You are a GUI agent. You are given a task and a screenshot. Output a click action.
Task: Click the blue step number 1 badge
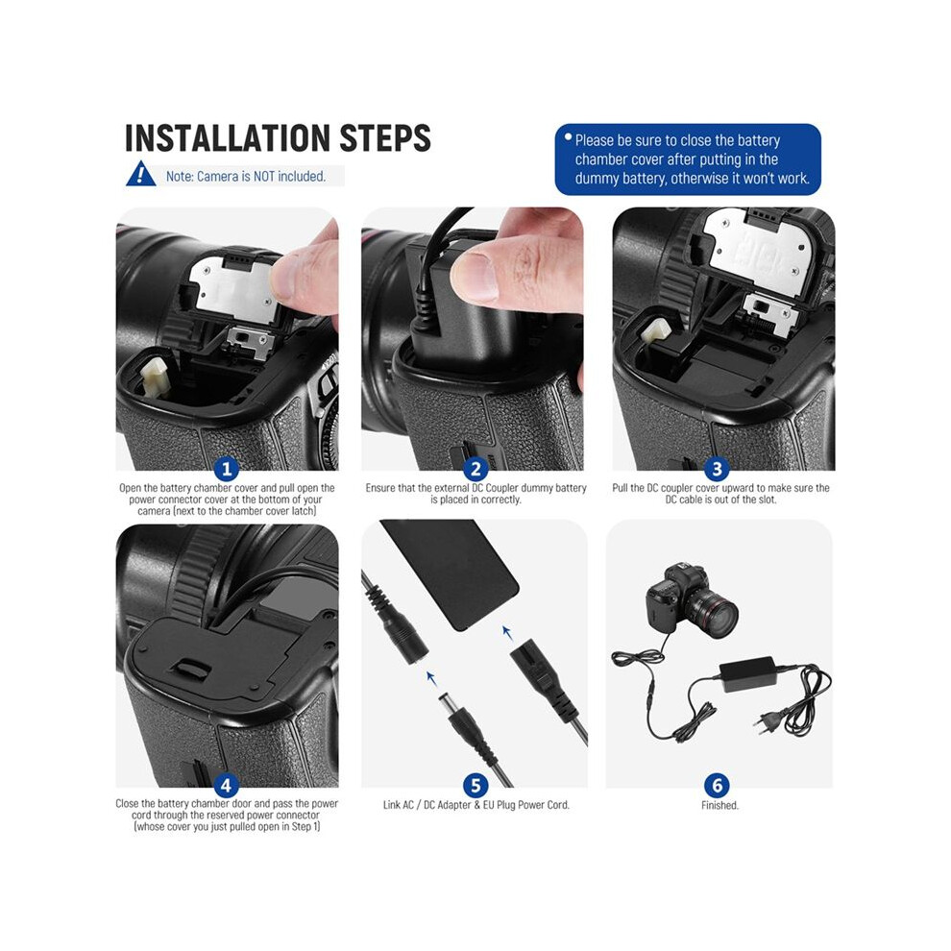(x=227, y=469)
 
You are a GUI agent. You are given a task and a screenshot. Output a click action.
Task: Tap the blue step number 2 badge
(x=475, y=469)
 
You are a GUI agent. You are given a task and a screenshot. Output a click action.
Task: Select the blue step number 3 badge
(x=717, y=469)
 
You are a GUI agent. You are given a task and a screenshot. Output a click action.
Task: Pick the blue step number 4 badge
(x=227, y=786)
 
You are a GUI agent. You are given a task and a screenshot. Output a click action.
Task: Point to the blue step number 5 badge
(x=475, y=786)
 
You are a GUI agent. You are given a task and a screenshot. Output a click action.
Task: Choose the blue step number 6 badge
(x=717, y=786)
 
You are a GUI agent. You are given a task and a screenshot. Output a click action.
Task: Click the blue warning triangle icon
(x=140, y=174)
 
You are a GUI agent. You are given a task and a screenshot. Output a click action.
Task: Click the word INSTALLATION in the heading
(x=228, y=138)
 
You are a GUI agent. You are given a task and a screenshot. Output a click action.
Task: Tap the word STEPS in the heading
(x=385, y=138)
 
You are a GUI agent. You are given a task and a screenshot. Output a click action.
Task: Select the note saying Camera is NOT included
(x=246, y=177)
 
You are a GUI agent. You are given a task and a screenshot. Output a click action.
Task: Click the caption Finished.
(x=719, y=805)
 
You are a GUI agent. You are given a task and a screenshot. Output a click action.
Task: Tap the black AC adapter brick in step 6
(x=747, y=673)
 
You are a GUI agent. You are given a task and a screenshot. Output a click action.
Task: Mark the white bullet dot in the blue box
(x=569, y=137)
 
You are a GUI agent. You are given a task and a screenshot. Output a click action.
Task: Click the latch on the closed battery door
(x=190, y=669)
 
